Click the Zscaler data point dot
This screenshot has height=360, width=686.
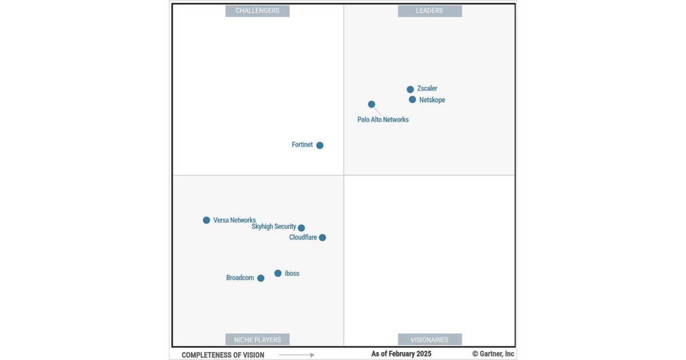point(410,89)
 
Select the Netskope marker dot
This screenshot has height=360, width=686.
point(412,99)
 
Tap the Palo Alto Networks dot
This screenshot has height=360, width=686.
point(372,104)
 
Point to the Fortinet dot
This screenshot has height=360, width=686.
point(320,145)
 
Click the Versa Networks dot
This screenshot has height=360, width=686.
point(206,220)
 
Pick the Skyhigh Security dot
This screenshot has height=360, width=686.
point(301,227)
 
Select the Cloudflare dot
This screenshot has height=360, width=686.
point(322,238)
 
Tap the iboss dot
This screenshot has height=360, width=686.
point(278,273)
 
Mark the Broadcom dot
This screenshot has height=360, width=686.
point(261,278)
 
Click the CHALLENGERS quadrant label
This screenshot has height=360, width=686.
point(257,11)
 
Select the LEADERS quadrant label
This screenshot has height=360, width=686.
point(429,11)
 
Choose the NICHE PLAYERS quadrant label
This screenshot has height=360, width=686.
point(257,339)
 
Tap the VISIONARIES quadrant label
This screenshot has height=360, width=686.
point(429,339)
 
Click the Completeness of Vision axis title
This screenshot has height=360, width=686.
point(223,355)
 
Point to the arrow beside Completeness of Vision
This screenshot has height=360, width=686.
point(296,355)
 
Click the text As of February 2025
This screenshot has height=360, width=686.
point(401,354)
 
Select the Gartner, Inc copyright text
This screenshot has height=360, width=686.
point(493,354)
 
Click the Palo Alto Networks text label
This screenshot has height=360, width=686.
point(383,120)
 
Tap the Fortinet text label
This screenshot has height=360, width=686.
point(302,145)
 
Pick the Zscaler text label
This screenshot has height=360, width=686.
point(427,89)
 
